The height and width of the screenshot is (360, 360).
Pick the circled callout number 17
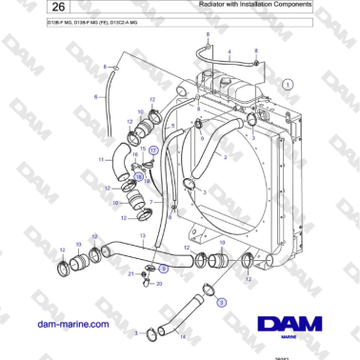(x=152, y=150)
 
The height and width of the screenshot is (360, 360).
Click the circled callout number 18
(x=138, y=176)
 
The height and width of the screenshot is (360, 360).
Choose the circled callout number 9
(x=163, y=270)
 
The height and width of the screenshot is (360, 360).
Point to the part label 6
(x=94, y=97)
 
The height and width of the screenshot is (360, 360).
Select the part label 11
(x=101, y=159)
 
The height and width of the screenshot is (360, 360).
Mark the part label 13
(x=142, y=235)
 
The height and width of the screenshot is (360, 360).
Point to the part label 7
(x=151, y=204)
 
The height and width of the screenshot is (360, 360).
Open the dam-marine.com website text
(x=70, y=325)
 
